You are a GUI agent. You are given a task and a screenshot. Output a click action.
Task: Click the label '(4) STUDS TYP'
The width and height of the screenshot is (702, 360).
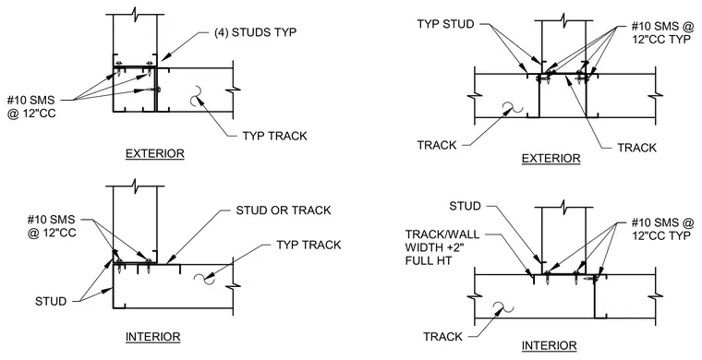(255, 32)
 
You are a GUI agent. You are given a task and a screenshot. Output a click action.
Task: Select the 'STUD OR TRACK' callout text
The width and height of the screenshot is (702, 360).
(284, 210)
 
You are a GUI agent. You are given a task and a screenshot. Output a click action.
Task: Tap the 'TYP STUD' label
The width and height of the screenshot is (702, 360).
(445, 24)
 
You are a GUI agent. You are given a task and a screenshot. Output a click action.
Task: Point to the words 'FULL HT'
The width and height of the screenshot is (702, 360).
(428, 259)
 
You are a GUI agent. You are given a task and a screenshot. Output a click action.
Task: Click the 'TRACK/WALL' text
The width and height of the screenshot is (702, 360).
(442, 234)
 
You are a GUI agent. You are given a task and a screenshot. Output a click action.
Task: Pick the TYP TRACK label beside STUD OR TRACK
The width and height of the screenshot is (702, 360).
(309, 245)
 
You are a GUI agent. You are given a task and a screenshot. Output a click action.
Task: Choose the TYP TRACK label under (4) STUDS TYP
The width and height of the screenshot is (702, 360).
(275, 136)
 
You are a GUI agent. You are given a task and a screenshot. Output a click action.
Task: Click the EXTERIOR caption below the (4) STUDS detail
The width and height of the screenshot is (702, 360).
(155, 154)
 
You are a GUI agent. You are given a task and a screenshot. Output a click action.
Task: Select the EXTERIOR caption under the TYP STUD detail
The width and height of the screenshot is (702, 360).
(551, 159)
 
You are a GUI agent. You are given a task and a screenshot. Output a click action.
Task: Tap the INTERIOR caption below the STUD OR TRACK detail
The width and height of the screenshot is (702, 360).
(153, 337)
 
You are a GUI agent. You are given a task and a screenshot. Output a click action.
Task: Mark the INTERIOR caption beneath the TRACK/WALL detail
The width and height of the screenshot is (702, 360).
(550, 345)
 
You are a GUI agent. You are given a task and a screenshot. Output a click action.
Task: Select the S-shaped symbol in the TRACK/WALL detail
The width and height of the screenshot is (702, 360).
(502, 307)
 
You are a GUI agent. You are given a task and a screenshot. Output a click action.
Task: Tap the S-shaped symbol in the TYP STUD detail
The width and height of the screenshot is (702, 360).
(512, 108)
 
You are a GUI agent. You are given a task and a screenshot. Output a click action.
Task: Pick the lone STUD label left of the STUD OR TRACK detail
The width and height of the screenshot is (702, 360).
(51, 302)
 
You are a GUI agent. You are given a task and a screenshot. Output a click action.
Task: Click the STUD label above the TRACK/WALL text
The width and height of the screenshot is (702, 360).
(466, 206)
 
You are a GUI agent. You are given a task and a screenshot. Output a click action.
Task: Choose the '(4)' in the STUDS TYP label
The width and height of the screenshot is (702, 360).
(221, 32)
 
